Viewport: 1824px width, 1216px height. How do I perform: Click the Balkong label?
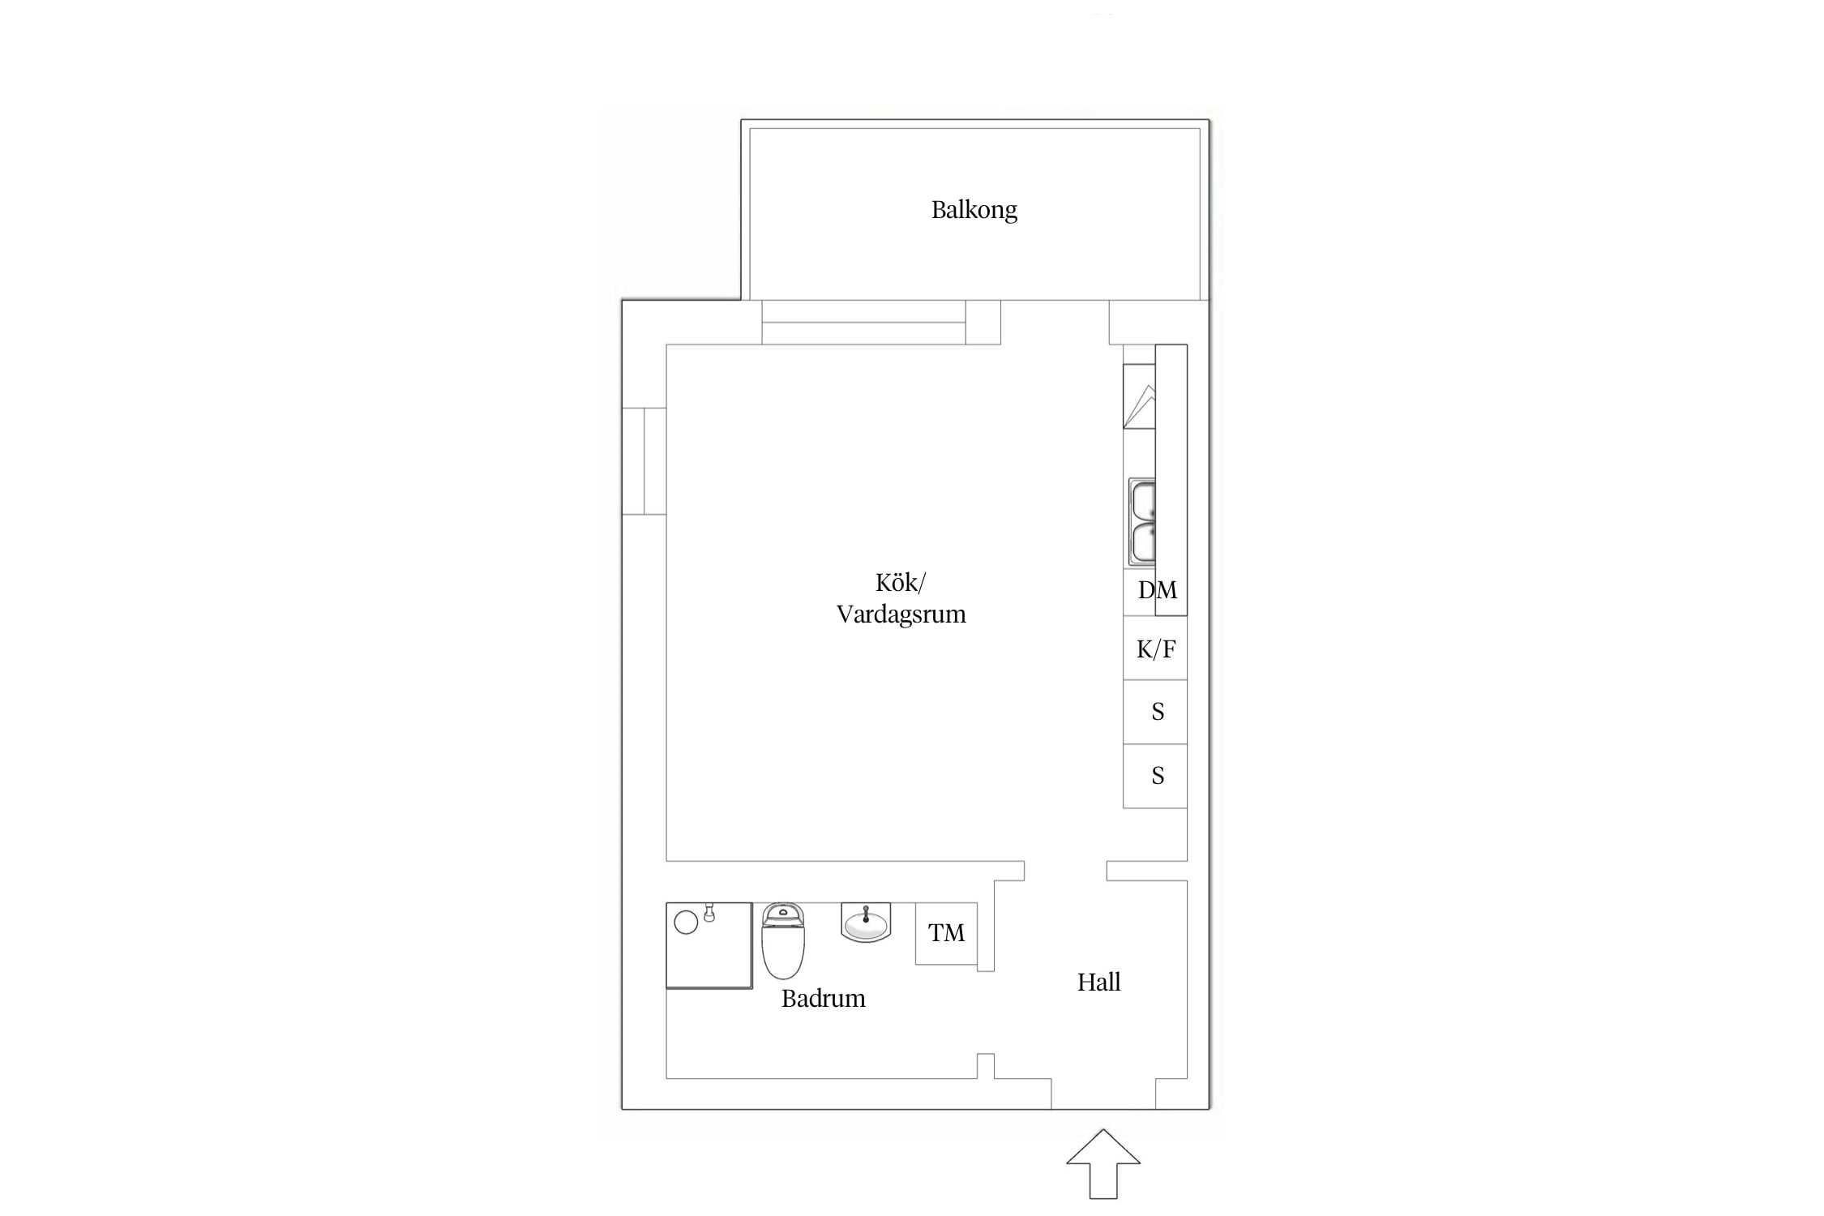(974, 210)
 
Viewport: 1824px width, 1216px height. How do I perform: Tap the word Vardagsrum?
(901, 614)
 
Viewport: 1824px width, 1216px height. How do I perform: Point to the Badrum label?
(823, 998)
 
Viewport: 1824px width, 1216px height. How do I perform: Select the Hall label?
(1098, 982)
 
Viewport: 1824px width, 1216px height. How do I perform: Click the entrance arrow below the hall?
(1103, 1163)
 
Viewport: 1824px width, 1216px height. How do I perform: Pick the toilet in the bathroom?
(783, 940)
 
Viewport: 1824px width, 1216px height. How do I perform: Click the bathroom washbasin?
(866, 923)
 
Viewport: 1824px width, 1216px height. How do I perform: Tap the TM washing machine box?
(946, 933)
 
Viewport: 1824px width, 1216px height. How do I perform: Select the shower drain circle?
(686, 923)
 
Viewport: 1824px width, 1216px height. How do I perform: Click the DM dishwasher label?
(1157, 590)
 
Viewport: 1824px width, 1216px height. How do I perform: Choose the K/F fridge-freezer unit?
(1155, 648)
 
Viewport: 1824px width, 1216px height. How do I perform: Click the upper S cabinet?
(1155, 712)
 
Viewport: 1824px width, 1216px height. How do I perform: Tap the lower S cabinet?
(1155, 776)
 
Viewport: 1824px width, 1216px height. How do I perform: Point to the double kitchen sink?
(1141, 521)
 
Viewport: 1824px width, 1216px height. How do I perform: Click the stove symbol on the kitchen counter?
(1139, 396)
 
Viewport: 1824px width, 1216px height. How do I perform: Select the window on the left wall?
(644, 460)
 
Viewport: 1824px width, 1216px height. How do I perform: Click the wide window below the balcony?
(863, 322)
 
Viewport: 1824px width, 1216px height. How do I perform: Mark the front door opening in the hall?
(1103, 1094)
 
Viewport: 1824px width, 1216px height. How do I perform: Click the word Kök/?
(900, 583)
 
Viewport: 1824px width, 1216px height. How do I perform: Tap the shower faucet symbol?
(709, 912)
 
